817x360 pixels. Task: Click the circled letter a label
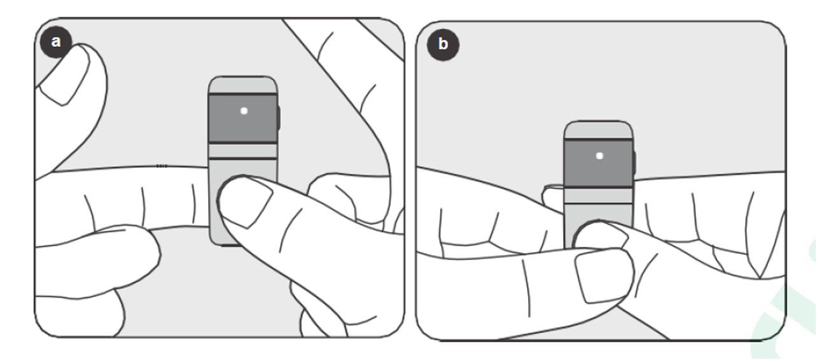(x=56, y=42)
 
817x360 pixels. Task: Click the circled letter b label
(x=443, y=45)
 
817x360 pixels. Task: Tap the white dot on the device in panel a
(x=244, y=111)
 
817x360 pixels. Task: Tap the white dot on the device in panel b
(x=599, y=156)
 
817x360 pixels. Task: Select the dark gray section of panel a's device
(x=242, y=118)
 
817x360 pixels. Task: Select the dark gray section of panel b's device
(x=598, y=163)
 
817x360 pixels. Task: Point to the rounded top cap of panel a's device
(x=242, y=85)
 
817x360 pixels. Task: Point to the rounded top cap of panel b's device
(x=598, y=130)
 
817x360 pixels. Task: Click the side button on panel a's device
(x=279, y=118)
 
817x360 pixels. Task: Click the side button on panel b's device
(x=634, y=163)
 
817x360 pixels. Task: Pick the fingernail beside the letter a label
(x=65, y=76)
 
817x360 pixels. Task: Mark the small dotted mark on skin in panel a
(x=162, y=166)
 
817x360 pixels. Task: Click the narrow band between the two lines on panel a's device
(x=242, y=151)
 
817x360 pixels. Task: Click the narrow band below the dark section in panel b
(x=598, y=195)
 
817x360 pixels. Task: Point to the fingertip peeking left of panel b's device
(x=552, y=197)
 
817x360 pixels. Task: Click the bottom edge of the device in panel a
(x=230, y=245)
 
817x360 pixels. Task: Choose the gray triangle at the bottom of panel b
(x=620, y=326)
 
